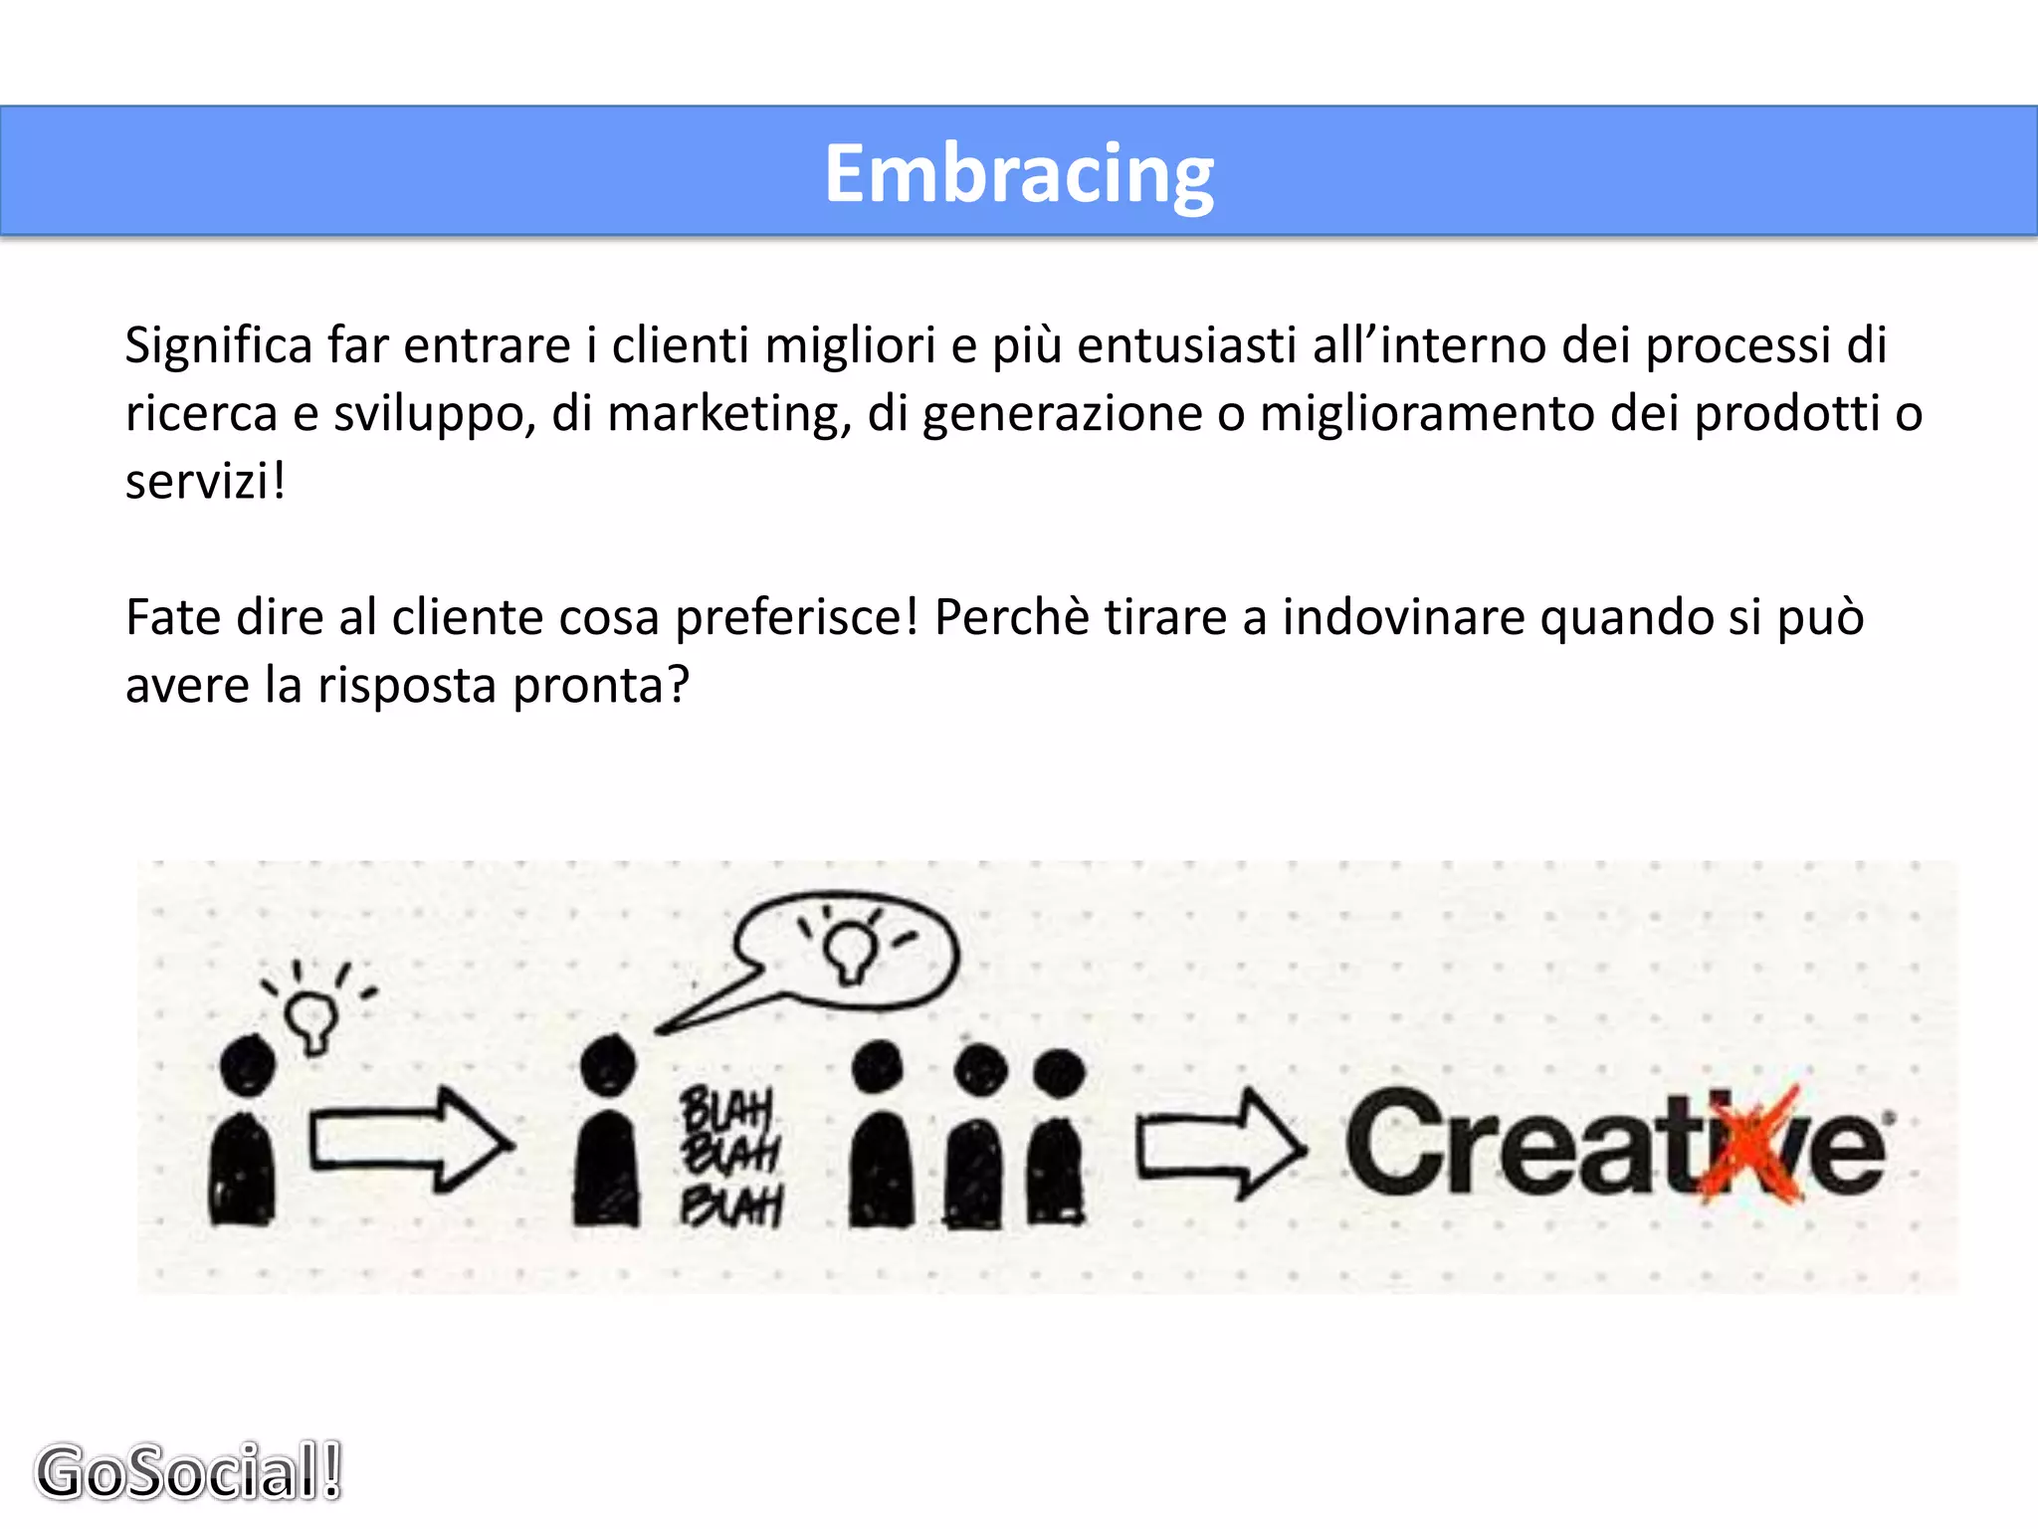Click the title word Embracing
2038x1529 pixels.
[1019, 174]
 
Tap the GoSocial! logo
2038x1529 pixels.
[189, 1471]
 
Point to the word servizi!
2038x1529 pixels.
[205, 482]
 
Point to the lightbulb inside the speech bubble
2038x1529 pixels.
[851, 949]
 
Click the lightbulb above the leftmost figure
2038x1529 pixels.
[311, 1018]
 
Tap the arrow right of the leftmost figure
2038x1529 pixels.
[410, 1140]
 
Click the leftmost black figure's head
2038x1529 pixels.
[247, 1065]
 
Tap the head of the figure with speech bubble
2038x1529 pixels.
[607, 1063]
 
